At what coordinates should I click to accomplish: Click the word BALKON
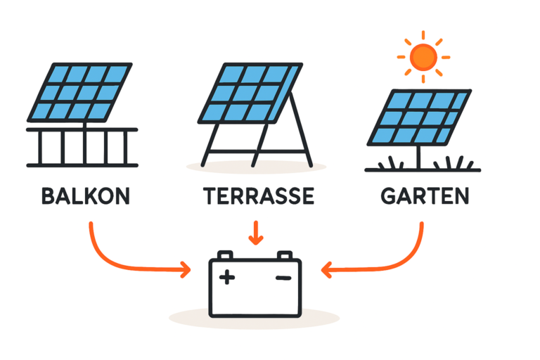click(x=86, y=196)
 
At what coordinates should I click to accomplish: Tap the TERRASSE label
click(x=257, y=196)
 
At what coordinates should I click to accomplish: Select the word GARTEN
click(x=425, y=196)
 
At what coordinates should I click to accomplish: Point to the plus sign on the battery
click(x=226, y=278)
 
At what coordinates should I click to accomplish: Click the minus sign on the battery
click(x=283, y=278)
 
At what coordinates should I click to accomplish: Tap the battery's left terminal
click(x=226, y=255)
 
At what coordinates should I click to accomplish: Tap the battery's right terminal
click(x=283, y=255)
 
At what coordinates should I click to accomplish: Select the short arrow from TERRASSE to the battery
click(x=256, y=232)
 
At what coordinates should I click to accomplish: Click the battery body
click(x=255, y=295)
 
